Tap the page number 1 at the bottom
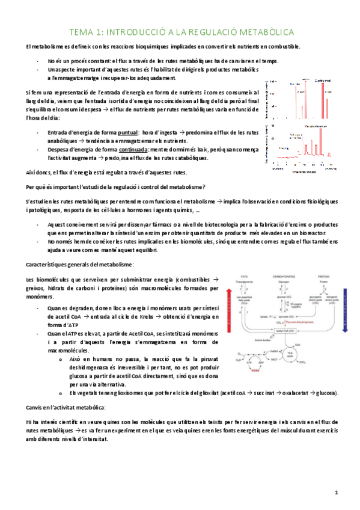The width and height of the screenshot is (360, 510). tap(337, 493)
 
